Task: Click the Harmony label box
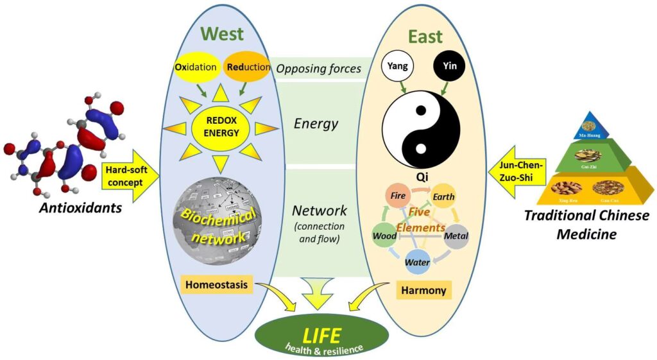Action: [423, 290]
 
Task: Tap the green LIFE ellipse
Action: [322, 338]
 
